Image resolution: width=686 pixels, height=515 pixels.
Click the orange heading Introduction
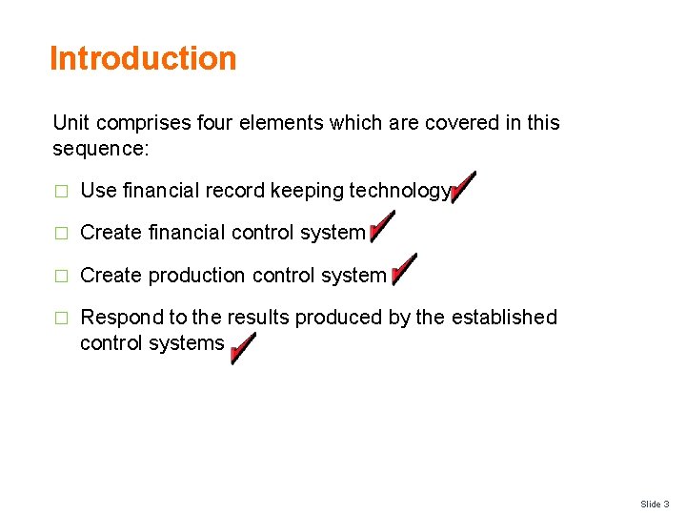click(143, 58)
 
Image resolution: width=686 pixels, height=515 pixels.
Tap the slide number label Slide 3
click(655, 504)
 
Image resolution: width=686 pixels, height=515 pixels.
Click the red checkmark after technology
click(463, 187)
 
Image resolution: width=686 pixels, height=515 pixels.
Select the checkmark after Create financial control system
click(382, 228)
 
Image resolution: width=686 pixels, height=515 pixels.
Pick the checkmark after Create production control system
click(404, 270)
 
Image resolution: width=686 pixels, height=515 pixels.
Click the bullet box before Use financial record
click(62, 192)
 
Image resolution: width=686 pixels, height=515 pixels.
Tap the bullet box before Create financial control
click(62, 234)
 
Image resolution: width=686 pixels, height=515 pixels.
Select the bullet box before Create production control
click(62, 276)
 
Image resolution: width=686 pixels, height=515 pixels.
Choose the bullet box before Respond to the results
click(62, 318)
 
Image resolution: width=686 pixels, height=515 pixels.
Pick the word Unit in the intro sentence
click(71, 122)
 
